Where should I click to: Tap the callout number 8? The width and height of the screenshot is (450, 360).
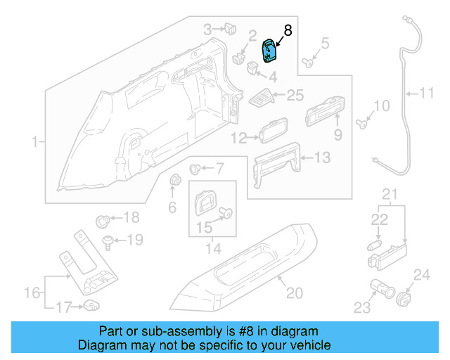[x=287, y=30]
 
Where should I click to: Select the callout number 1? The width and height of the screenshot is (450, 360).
[x=34, y=143]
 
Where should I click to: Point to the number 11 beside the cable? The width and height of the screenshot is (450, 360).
[x=427, y=92]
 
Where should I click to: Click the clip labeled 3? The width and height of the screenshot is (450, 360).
[x=230, y=29]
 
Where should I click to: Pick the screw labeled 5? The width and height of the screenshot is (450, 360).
[x=308, y=62]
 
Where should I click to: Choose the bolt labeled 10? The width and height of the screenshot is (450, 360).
[x=362, y=124]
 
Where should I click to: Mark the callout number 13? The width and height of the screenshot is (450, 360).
[x=321, y=158]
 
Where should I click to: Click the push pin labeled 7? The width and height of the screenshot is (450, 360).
[x=197, y=169]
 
